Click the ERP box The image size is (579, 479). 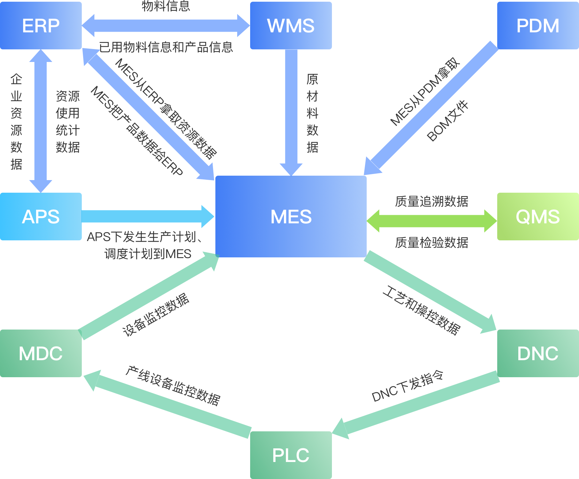click(x=41, y=26)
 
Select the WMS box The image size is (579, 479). click(x=291, y=26)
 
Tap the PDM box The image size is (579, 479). click(x=538, y=26)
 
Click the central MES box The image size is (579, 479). click(x=291, y=216)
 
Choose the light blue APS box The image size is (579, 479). click(x=41, y=216)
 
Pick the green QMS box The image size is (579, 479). click(x=538, y=216)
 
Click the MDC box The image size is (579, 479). click(x=41, y=353)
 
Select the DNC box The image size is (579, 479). click(x=538, y=353)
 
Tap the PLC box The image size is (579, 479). click(x=291, y=455)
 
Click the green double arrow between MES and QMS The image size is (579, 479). click(x=431, y=221)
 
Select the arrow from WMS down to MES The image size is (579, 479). click(x=291, y=109)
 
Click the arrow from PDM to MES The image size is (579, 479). click(x=433, y=107)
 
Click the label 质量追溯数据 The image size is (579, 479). click(x=431, y=201)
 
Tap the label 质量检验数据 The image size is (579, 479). click(x=431, y=242)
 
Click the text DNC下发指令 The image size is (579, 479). click(x=408, y=386)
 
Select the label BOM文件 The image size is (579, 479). click(x=447, y=121)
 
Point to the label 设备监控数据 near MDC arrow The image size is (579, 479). click(x=156, y=315)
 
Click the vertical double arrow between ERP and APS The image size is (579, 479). click(x=41, y=121)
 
